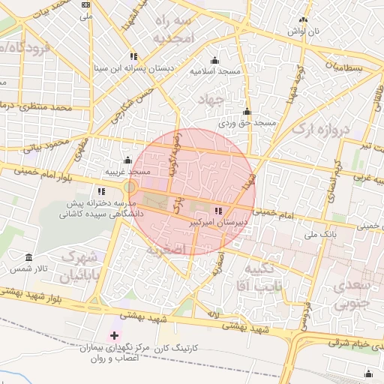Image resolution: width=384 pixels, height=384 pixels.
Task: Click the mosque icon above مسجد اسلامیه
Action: coord(215,61)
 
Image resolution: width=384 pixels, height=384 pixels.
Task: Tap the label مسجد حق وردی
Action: coord(248,122)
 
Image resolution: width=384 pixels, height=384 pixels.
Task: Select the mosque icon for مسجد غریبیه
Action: coord(127,160)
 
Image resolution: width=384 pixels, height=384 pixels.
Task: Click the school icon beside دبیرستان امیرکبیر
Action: coord(217,211)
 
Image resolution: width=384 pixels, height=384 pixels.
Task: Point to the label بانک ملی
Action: coord(319,235)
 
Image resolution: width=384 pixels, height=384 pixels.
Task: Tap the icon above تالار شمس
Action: coord(28,257)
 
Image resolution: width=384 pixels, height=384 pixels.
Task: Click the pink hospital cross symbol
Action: coord(114,335)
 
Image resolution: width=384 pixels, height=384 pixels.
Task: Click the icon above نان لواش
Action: coord(304,20)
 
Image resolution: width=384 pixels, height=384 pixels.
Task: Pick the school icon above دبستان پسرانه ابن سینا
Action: coord(133,55)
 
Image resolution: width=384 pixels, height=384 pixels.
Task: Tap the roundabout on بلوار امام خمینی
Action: coord(130,186)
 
